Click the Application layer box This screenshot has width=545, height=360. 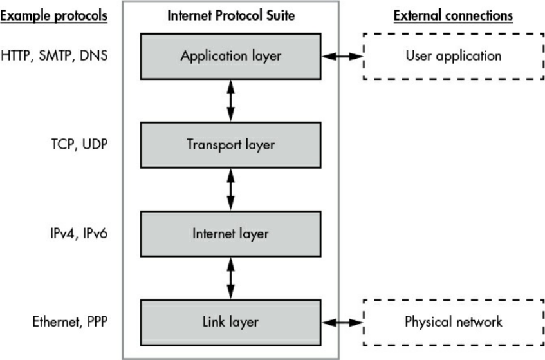click(230, 56)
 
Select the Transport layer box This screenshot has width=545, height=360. click(230, 145)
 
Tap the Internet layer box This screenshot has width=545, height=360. click(230, 233)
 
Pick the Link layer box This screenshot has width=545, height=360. click(230, 321)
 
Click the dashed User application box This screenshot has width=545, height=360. click(453, 56)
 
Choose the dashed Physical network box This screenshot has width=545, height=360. click(453, 321)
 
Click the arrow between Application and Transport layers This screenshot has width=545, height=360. click(230, 100)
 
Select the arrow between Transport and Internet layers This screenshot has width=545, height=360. click(230, 189)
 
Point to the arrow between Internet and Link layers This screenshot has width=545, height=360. click(230, 277)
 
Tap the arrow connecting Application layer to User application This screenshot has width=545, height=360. click(343, 57)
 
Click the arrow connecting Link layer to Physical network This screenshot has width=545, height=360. click(343, 321)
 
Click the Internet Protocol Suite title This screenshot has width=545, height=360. click(230, 15)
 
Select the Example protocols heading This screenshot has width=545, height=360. click(53, 15)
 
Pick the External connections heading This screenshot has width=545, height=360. click(453, 15)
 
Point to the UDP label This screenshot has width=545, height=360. click(93, 145)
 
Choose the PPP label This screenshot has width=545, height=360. click(95, 321)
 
